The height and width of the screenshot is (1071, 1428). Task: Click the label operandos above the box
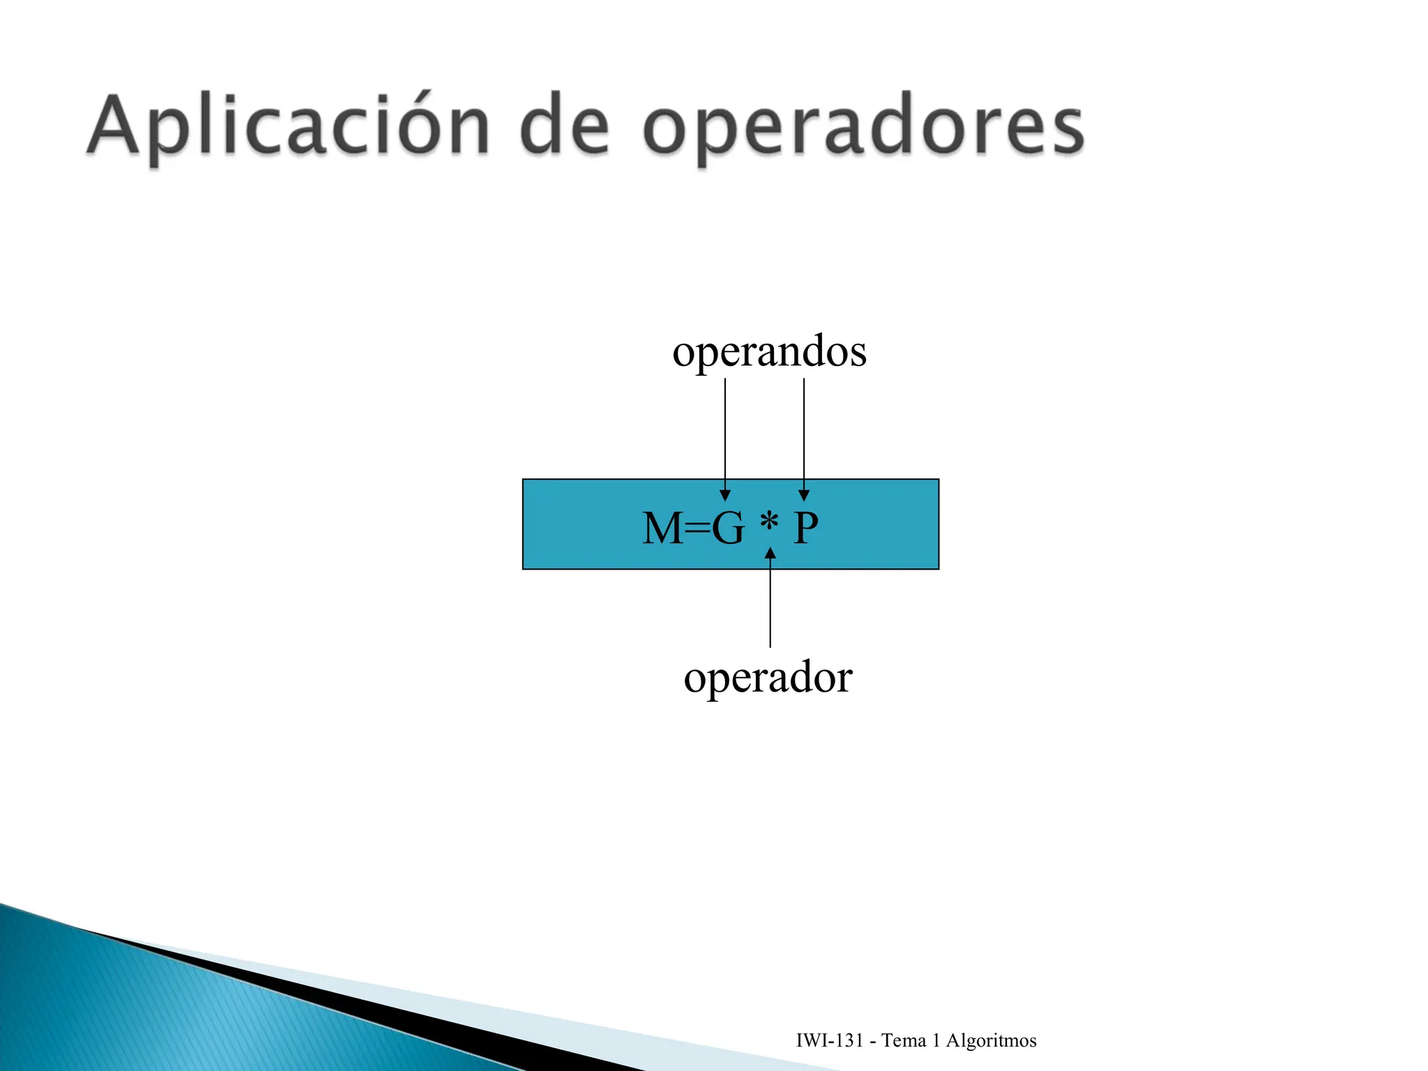click(769, 351)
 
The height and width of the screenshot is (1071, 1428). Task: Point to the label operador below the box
click(768, 677)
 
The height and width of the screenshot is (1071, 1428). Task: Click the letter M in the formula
click(662, 528)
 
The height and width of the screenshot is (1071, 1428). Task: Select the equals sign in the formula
click(697, 529)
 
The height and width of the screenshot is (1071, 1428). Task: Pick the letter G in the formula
click(727, 528)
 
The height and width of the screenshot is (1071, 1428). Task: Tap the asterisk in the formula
click(769, 522)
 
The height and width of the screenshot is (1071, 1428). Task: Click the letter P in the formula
click(806, 528)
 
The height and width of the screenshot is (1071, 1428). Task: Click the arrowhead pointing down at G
click(725, 495)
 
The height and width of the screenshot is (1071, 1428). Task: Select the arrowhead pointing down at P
click(804, 495)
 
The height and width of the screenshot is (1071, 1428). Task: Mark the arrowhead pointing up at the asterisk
click(770, 554)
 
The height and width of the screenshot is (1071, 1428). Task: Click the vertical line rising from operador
click(770, 607)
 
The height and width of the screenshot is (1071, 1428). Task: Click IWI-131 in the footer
click(830, 1040)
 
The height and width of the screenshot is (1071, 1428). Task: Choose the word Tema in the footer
click(904, 1040)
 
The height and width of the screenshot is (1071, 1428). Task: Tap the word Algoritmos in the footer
click(991, 1041)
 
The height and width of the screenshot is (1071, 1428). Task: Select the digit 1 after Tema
click(936, 1040)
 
